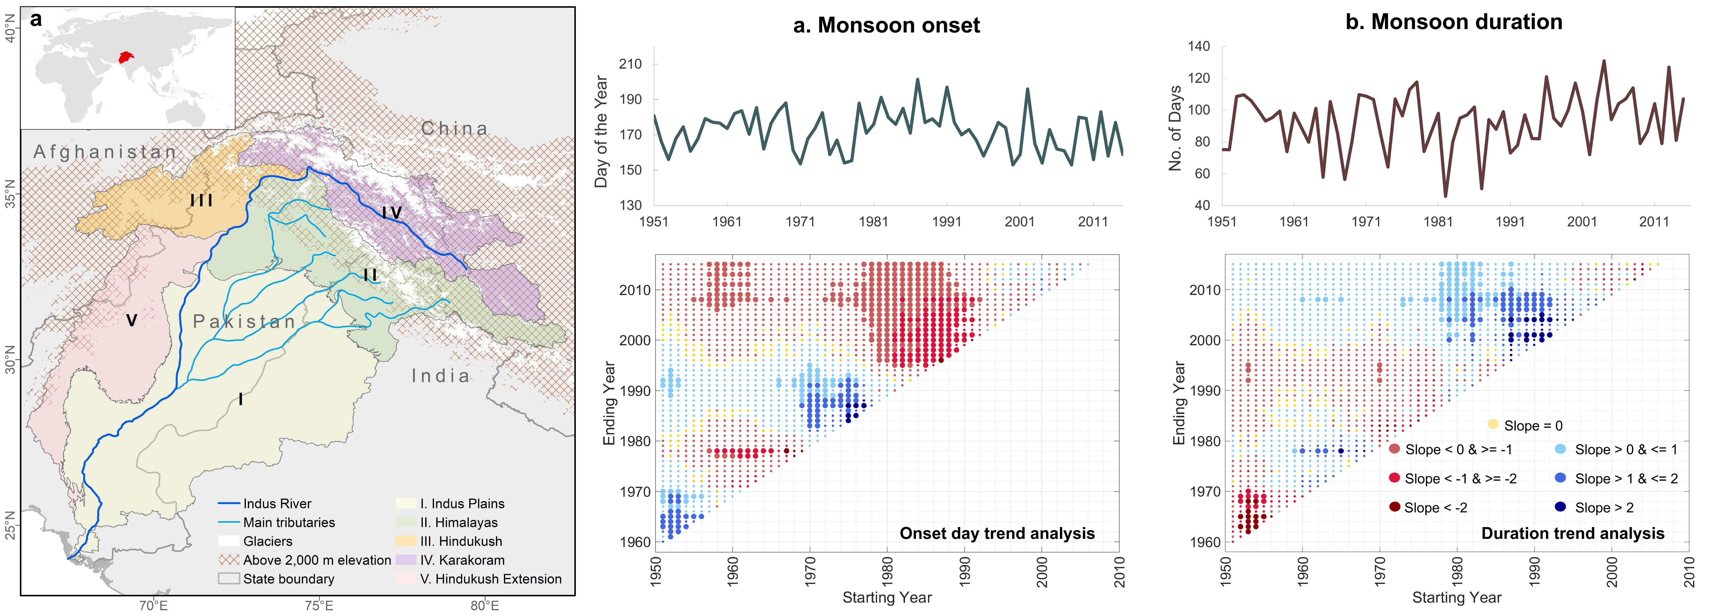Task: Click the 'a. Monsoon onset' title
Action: click(x=886, y=25)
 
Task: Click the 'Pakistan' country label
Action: click(x=244, y=322)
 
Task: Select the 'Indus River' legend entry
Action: click(x=277, y=504)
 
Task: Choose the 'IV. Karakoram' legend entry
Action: click(x=462, y=560)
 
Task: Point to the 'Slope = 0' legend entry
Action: click(x=1533, y=426)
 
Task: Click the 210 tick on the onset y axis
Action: click(x=630, y=64)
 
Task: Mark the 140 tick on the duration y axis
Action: click(x=1198, y=47)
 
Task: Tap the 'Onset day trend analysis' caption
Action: click(x=997, y=533)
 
